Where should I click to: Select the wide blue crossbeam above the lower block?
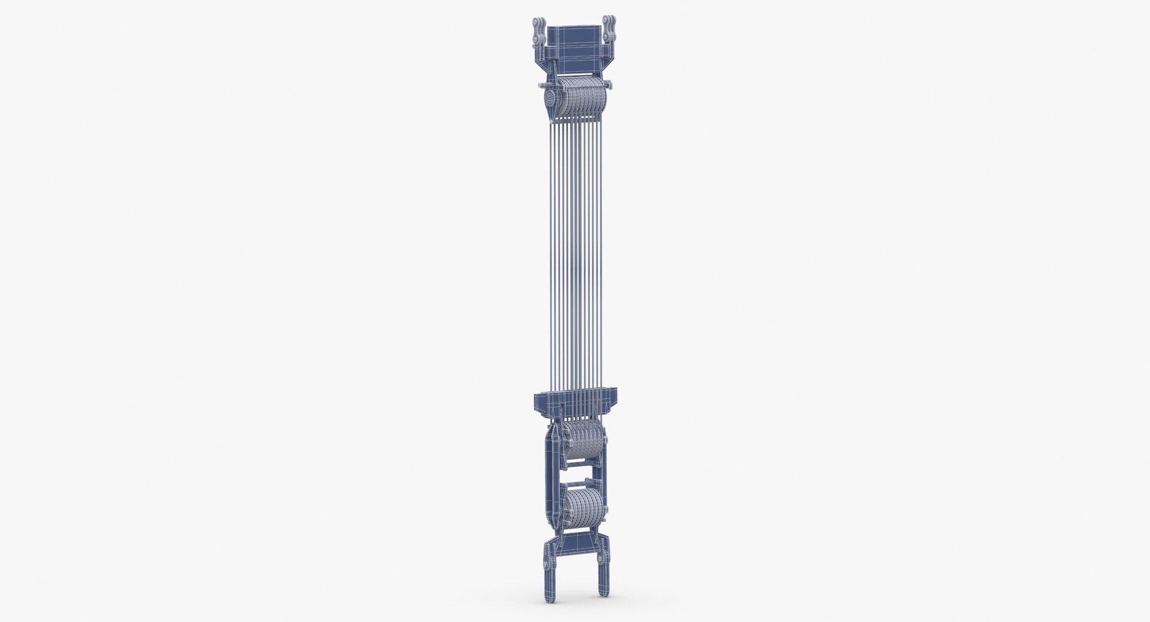[x=574, y=396]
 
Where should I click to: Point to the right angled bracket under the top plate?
[x=600, y=67]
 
